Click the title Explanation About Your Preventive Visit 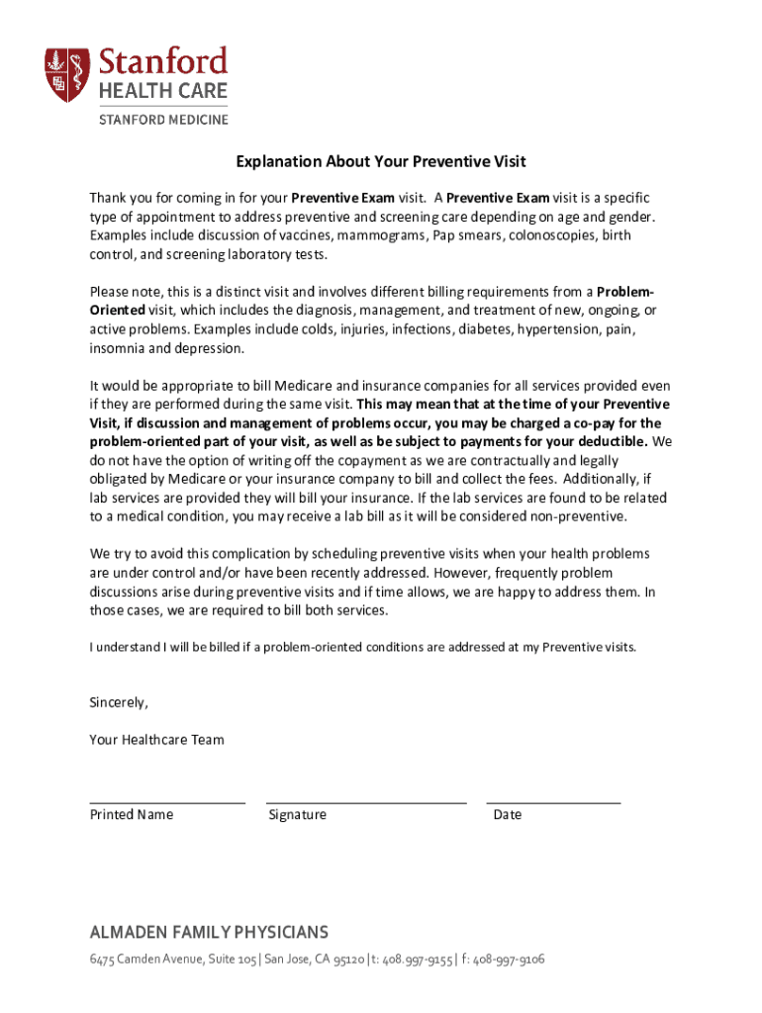pyautogui.click(x=381, y=162)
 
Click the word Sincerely pyautogui.click(x=119, y=702)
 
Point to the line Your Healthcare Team pyautogui.click(x=156, y=739)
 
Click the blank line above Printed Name pyautogui.click(x=167, y=802)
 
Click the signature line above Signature pyautogui.click(x=366, y=802)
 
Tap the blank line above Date pyautogui.click(x=553, y=802)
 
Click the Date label pyautogui.click(x=508, y=815)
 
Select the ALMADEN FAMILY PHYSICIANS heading pyautogui.click(x=209, y=933)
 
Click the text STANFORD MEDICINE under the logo pyautogui.click(x=161, y=120)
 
